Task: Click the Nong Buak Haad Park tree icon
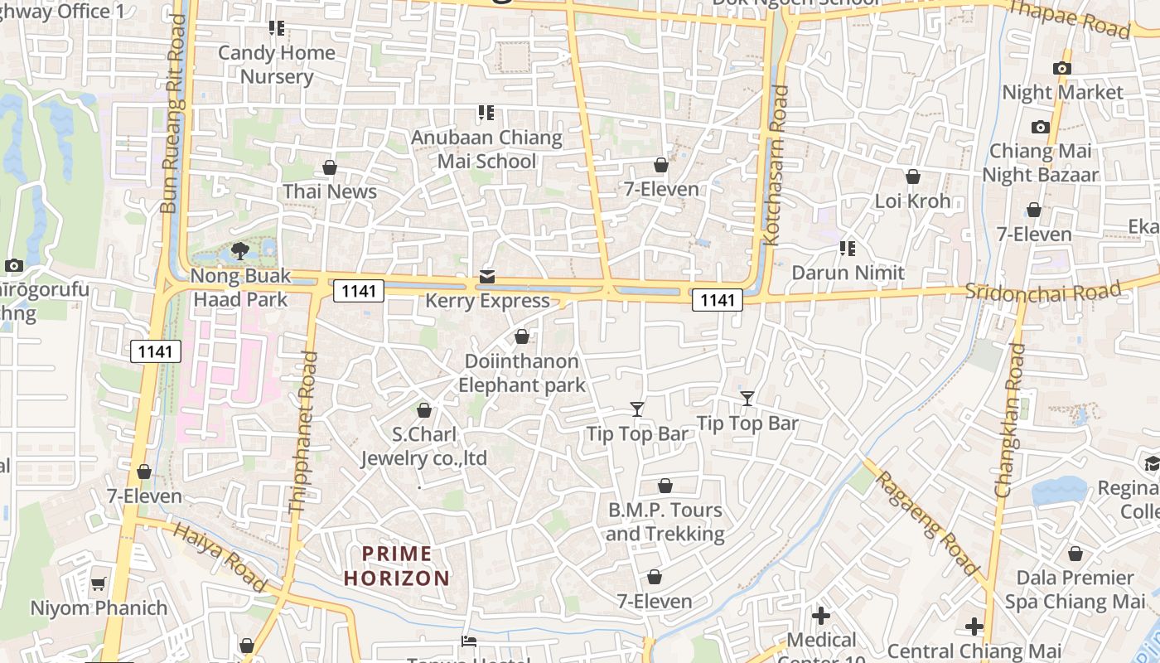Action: click(240, 250)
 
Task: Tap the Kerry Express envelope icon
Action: click(487, 277)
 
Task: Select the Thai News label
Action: click(330, 191)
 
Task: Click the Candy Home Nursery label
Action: click(277, 65)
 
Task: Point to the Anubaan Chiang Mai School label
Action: click(487, 149)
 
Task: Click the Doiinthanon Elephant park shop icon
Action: click(522, 336)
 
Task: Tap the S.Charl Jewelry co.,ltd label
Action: click(423, 447)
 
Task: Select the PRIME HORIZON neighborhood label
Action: click(397, 566)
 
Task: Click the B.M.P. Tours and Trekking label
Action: click(665, 522)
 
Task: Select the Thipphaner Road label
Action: click(302, 432)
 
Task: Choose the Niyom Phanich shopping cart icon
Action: click(99, 583)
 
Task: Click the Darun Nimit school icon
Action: click(847, 249)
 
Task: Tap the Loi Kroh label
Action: click(912, 201)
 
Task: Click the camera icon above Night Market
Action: click(1061, 68)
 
